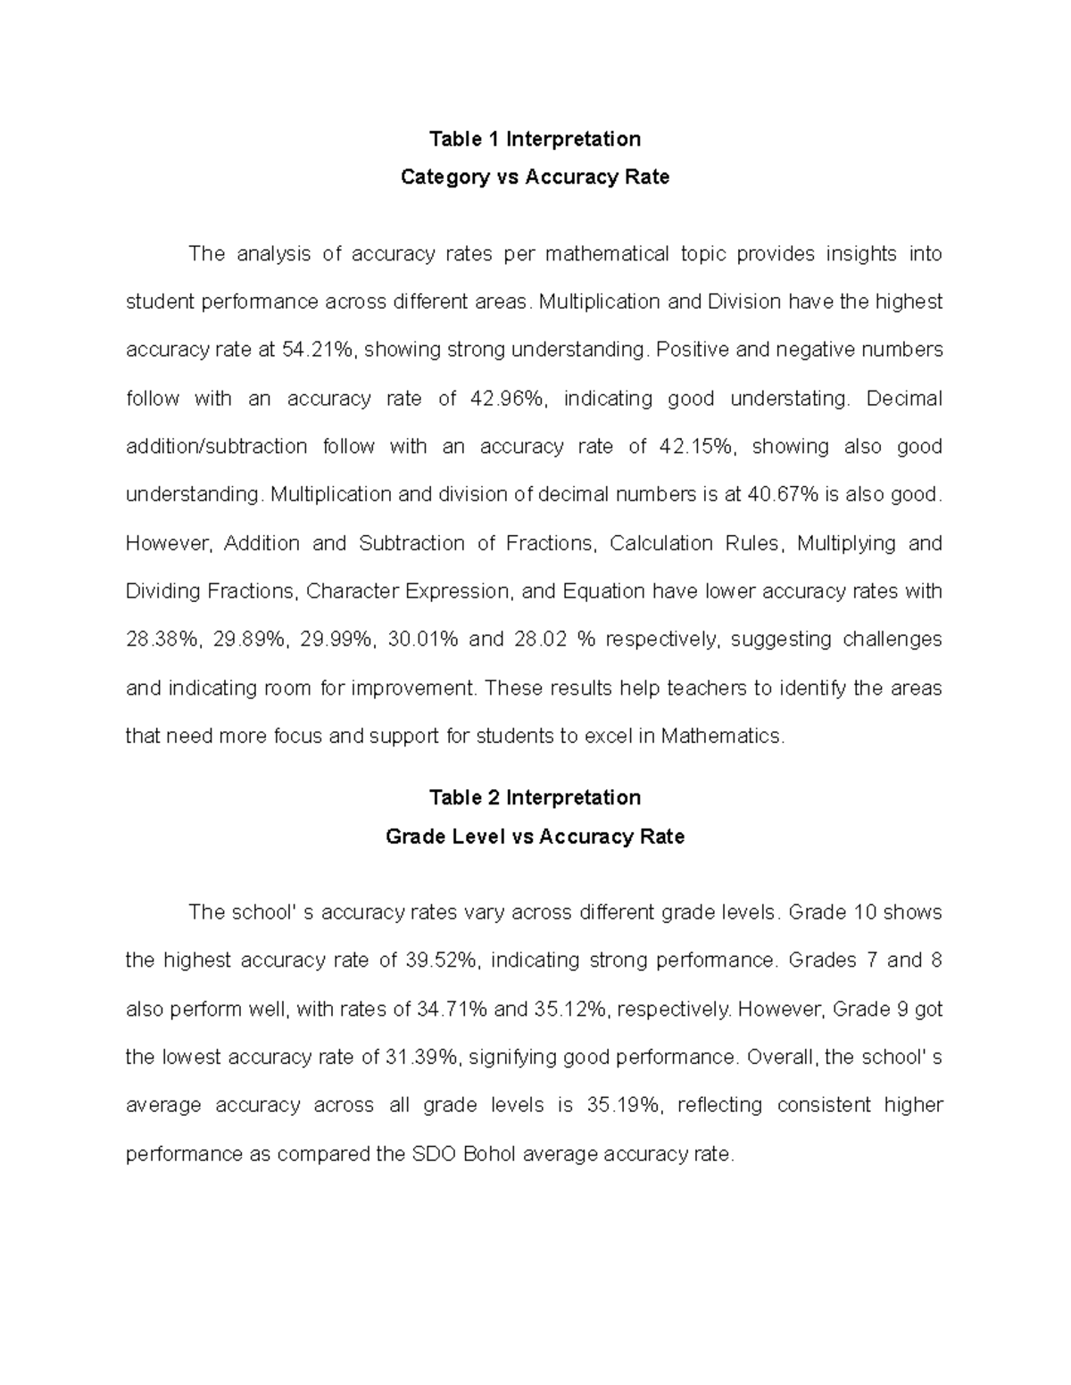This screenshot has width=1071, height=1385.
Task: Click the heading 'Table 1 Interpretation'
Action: pyautogui.click(x=535, y=139)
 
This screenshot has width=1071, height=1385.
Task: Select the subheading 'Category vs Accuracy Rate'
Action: pyautogui.click(x=535, y=177)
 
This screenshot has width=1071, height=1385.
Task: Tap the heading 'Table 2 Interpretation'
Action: pyautogui.click(x=535, y=797)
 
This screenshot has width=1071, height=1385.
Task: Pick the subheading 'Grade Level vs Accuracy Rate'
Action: pyautogui.click(x=535, y=837)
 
